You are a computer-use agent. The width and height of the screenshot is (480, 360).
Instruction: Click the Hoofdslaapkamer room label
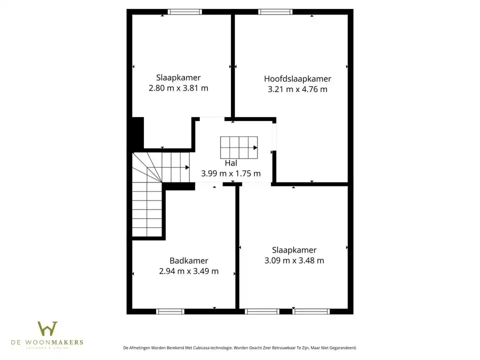tap(297, 78)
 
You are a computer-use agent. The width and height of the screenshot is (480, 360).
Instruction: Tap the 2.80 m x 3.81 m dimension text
tap(178, 88)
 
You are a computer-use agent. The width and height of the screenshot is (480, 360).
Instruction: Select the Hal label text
tap(230, 163)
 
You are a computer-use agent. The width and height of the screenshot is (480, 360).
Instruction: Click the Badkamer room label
tap(188, 260)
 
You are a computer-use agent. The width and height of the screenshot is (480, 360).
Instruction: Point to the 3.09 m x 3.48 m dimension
tap(294, 260)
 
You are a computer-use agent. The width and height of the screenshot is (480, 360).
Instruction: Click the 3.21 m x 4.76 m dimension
tap(297, 89)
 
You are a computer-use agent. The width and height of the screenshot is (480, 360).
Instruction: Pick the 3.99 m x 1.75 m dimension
tap(230, 173)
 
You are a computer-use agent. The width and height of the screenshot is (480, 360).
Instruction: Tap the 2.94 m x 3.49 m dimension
tap(188, 271)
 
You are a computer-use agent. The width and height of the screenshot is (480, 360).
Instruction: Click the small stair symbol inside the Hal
tap(239, 147)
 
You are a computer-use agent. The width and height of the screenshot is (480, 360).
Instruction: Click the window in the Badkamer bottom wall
tap(170, 311)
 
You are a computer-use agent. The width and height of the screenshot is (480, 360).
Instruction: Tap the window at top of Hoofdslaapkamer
tap(275, 11)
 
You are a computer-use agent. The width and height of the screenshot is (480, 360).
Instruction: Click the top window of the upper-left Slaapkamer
tap(185, 11)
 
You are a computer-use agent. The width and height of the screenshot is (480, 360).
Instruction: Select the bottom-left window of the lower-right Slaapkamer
tap(262, 311)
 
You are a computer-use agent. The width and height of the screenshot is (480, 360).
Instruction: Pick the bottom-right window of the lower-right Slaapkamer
tap(311, 311)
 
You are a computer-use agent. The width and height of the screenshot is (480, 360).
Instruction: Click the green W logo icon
tap(47, 328)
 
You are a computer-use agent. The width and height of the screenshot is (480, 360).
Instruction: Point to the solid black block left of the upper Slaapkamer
tap(137, 133)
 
